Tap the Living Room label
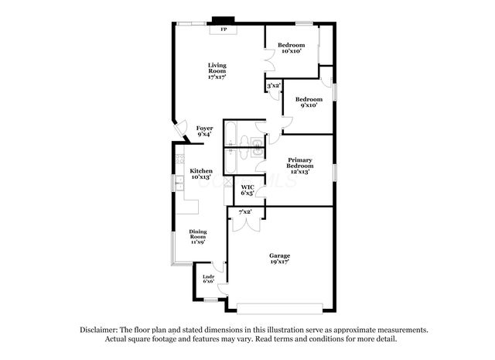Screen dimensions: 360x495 click(217, 70)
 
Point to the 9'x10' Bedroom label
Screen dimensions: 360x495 click(309, 101)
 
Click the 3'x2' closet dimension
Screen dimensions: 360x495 click(273, 86)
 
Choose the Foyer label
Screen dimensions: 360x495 click(204, 131)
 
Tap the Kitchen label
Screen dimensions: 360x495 click(201, 173)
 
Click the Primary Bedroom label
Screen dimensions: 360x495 click(300, 166)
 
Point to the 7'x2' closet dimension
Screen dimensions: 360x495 click(245, 211)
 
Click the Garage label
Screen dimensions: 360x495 click(279, 256)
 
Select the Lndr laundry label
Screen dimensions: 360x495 click(208, 279)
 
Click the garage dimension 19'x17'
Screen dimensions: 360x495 click(279, 262)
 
